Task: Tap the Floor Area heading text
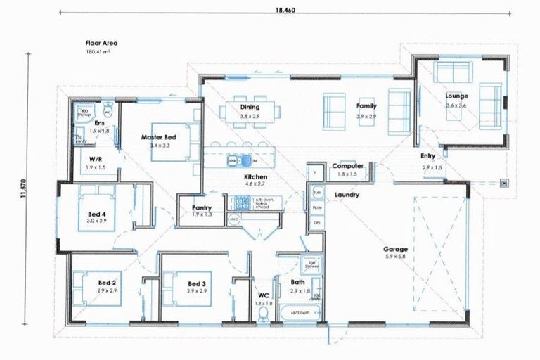pos(101,43)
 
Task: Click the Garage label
pos(395,249)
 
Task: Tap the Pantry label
pos(202,208)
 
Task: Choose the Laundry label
pos(347,193)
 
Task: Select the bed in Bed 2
pos(105,287)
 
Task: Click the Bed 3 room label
pos(195,283)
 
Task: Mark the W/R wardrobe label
pos(96,159)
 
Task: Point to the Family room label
pos(366,106)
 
